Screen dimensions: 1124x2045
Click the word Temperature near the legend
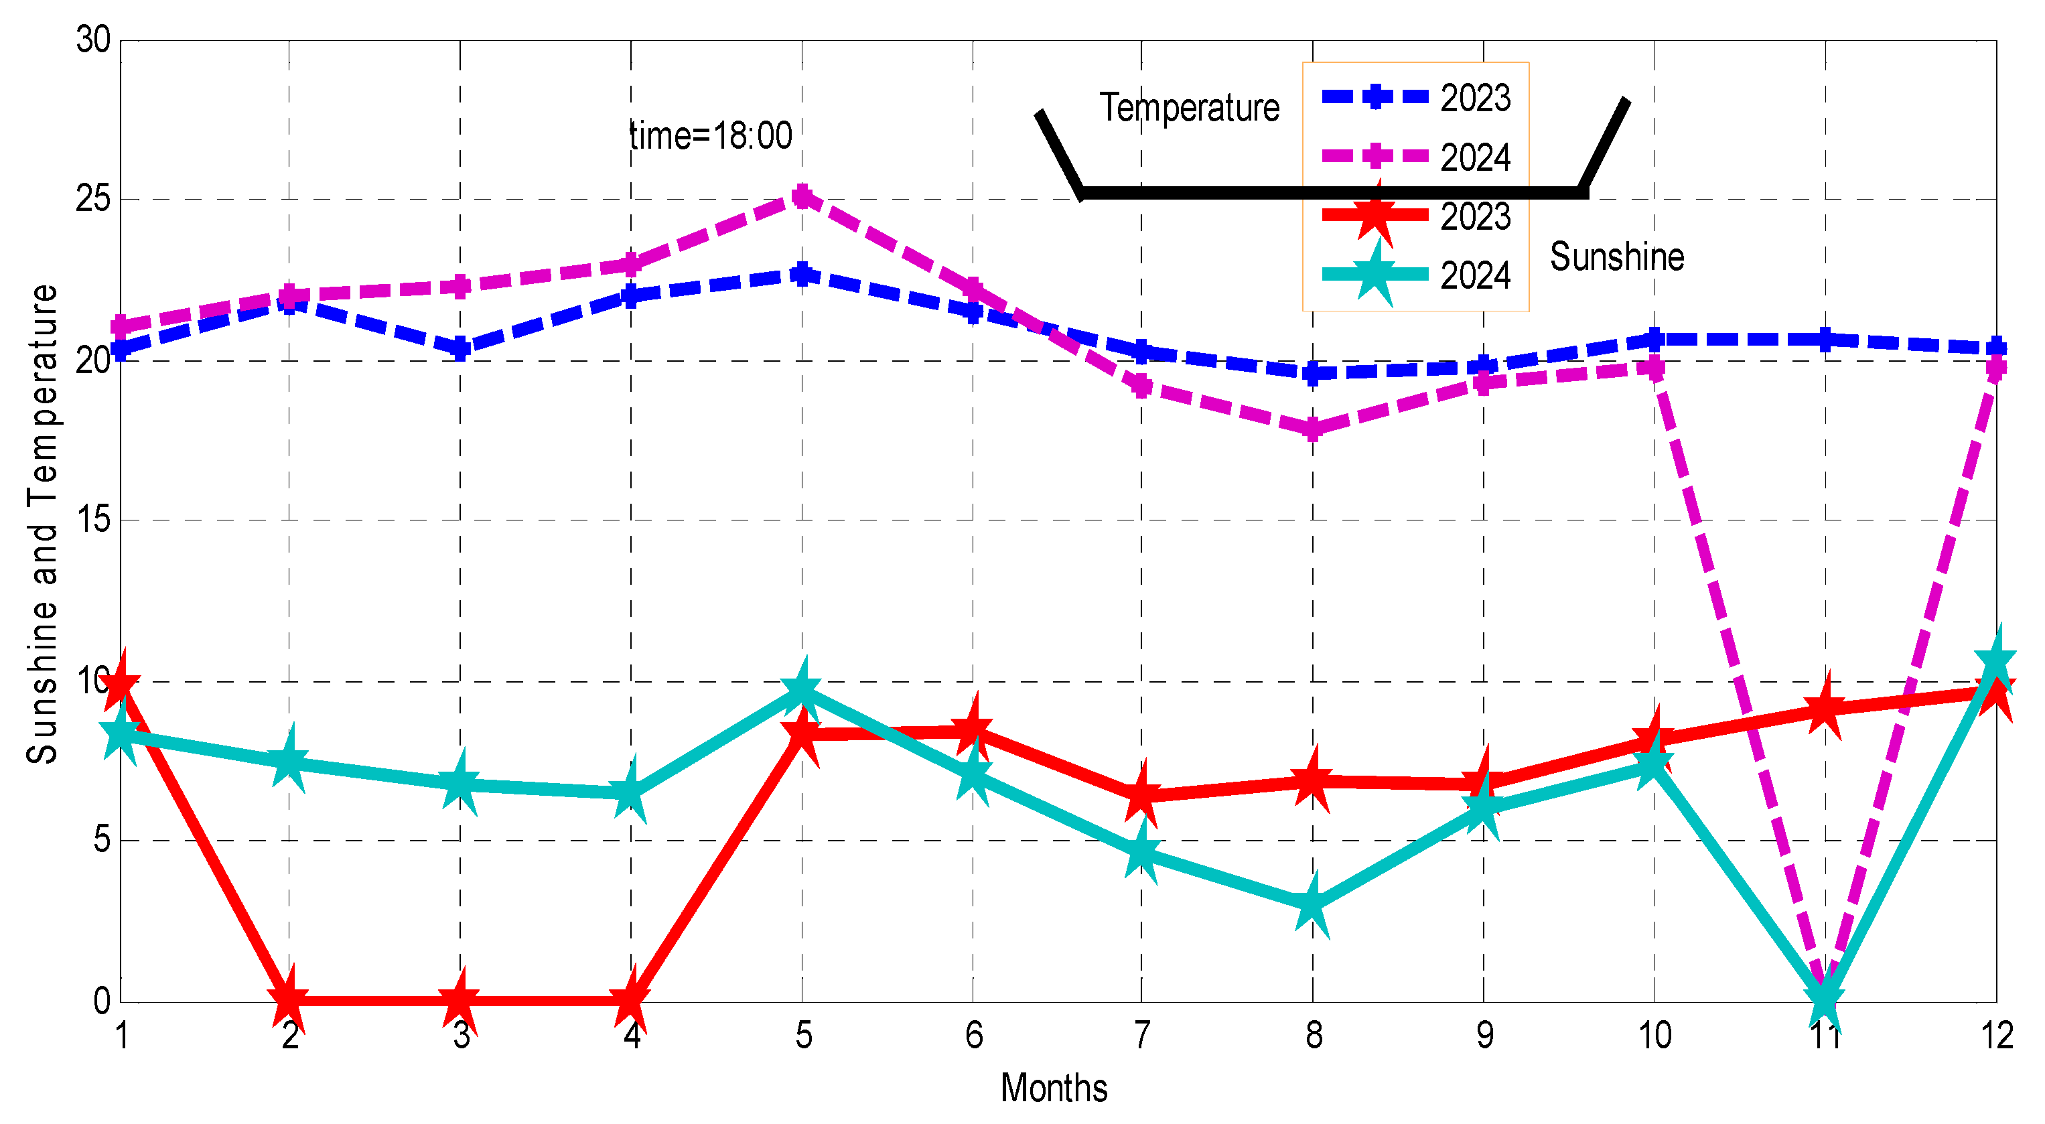(x=1188, y=107)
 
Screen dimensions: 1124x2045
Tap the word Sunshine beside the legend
(x=1616, y=257)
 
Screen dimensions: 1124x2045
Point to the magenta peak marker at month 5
(x=802, y=196)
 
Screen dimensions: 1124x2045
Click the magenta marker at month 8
(x=1312, y=429)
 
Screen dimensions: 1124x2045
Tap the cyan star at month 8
(x=1312, y=904)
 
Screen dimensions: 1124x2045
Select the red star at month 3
(x=460, y=1000)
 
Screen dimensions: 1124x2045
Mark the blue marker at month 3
(x=460, y=348)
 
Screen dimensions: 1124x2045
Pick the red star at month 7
(x=1141, y=794)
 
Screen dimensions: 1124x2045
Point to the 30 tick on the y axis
(x=93, y=40)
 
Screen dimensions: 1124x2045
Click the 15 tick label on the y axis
(x=93, y=520)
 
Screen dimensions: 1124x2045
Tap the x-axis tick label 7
(x=1141, y=1035)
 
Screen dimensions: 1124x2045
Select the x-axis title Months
(x=1054, y=1087)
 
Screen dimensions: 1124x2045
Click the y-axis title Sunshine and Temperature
(x=42, y=524)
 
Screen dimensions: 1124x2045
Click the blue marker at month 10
(x=1654, y=340)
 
